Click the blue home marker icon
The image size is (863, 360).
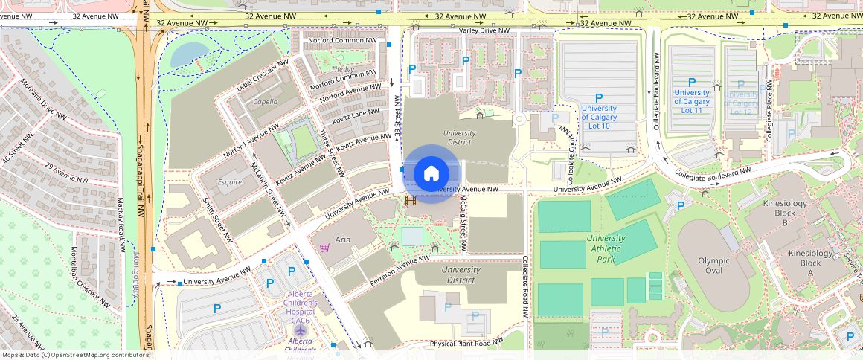coord(431,174)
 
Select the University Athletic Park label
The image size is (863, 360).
coord(605,248)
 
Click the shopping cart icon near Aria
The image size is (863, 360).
coord(324,248)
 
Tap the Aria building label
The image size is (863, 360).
coord(343,240)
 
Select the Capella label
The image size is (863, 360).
coord(266,102)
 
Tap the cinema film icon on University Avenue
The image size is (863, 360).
coord(410,200)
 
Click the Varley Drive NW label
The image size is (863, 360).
coord(484,30)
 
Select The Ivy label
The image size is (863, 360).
coord(342,69)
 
